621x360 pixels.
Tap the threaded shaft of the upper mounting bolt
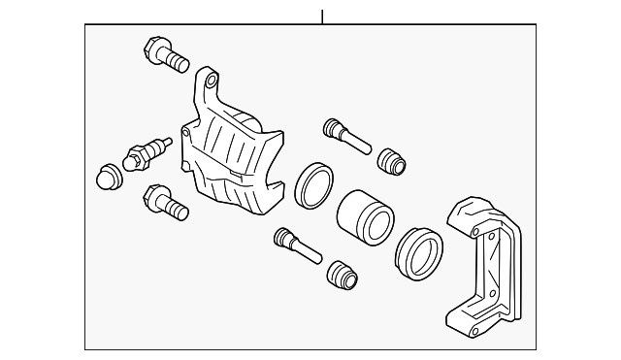coord(176,62)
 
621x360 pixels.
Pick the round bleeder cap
coord(110,176)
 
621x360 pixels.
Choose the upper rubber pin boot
coord(390,160)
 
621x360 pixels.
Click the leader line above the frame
coord(321,16)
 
